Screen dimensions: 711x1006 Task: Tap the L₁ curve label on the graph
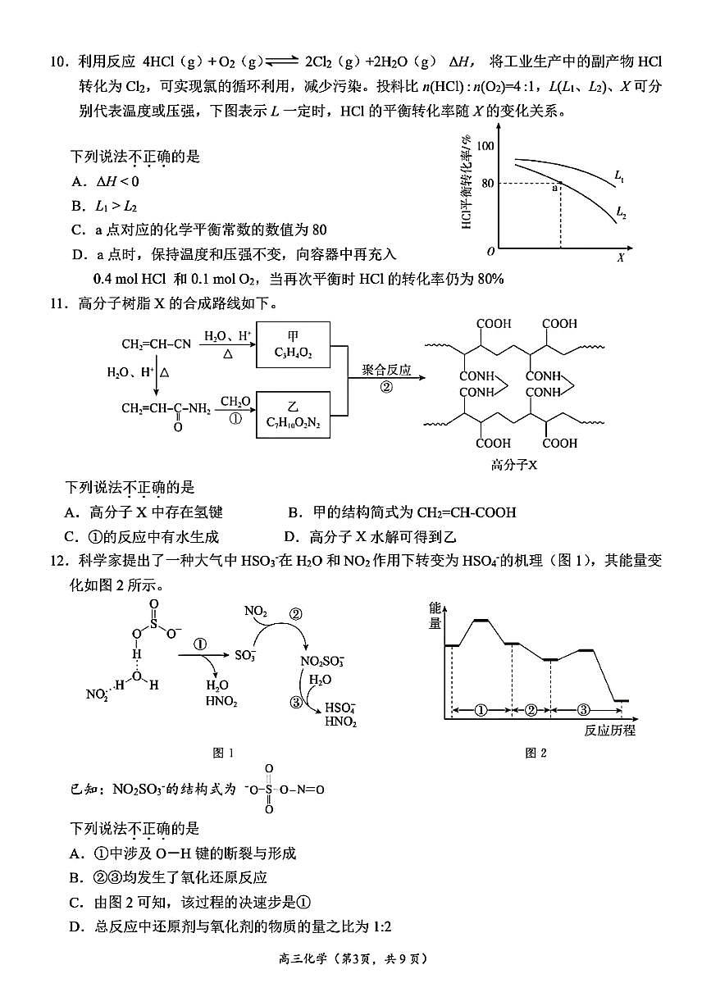tap(620, 175)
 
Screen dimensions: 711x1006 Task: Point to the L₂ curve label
tap(622, 214)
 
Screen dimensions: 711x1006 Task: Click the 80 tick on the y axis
tap(487, 183)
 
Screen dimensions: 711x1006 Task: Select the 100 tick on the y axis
tap(485, 145)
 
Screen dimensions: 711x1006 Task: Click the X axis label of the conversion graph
tap(620, 257)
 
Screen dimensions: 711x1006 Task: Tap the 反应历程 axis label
tap(610, 730)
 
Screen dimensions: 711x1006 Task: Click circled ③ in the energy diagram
tap(583, 709)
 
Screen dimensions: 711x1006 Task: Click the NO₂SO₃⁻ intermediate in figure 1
tap(322, 661)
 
